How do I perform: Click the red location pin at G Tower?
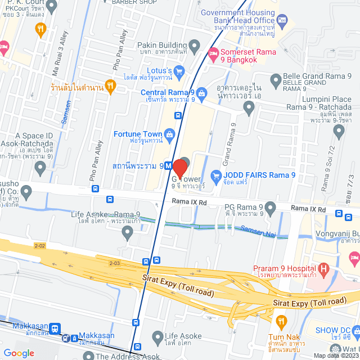coord(179,168)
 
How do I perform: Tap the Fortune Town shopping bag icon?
coord(169,134)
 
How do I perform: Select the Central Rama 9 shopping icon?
coord(202,92)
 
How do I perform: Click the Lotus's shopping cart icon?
coord(179,71)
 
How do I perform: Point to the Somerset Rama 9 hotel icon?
coord(213,53)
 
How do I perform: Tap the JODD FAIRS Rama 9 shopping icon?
coord(215,175)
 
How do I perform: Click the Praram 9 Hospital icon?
coord(323,267)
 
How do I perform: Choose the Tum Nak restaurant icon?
coord(281,321)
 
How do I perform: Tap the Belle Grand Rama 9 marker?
coord(276,82)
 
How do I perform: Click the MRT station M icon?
coord(168,166)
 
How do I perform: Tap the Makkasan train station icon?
coord(55,328)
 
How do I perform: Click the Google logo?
coord(19,353)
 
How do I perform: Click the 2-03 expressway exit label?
coord(115,263)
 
